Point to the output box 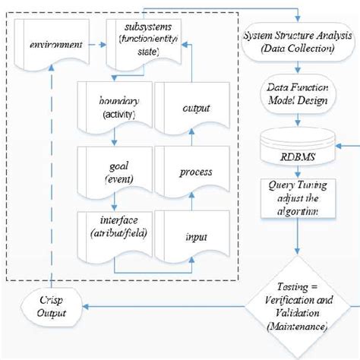pyautogui.click(x=195, y=109)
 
